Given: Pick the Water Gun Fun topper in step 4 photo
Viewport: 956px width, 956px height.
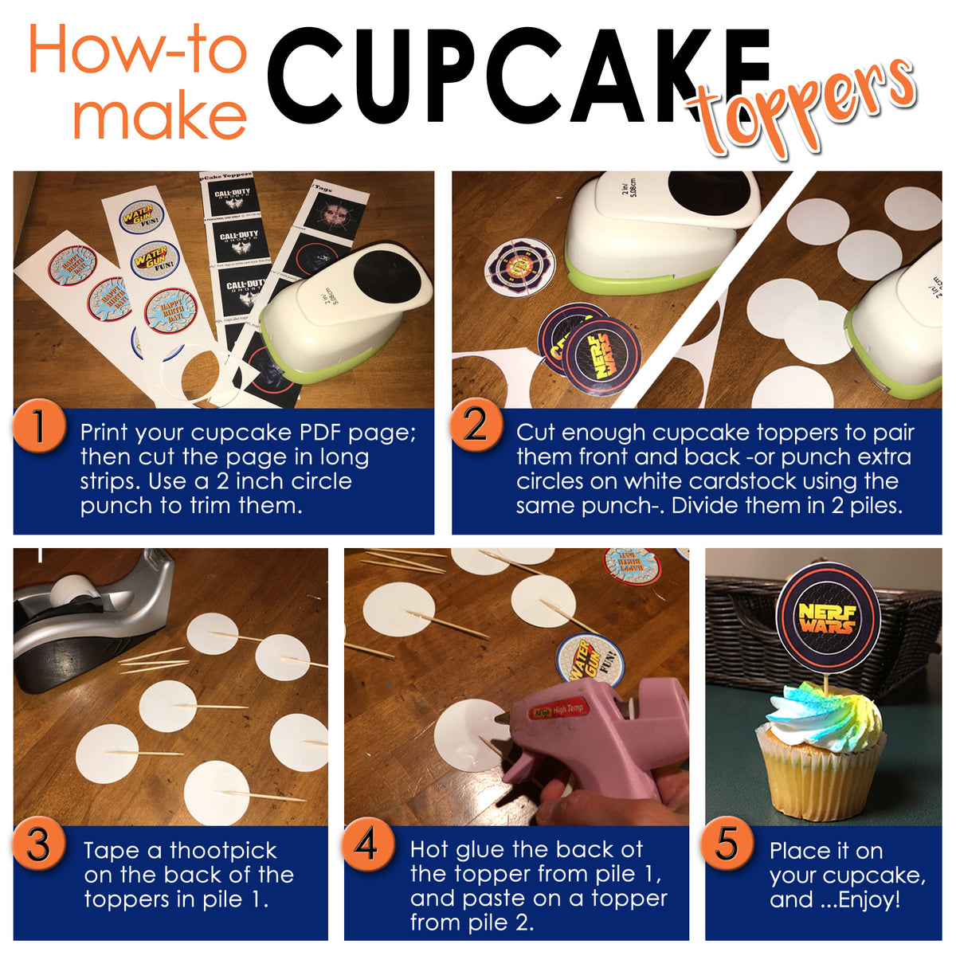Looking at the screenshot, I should click(590, 660).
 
